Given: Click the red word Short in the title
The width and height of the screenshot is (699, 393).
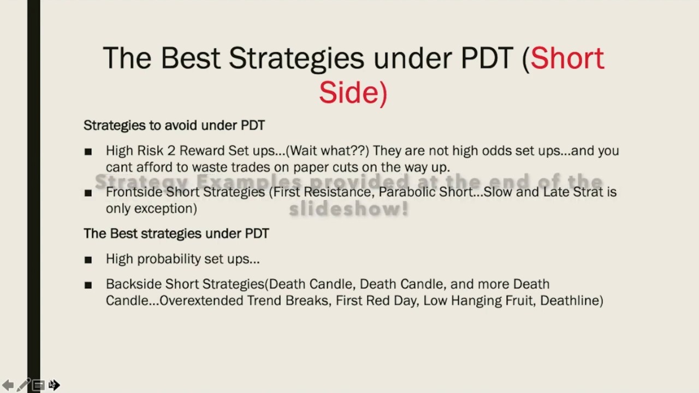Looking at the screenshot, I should click(x=567, y=58).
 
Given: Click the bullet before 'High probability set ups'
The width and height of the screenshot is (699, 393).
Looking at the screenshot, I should click(x=88, y=260).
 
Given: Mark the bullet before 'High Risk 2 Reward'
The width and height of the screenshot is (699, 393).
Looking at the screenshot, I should click(x=88, y=152).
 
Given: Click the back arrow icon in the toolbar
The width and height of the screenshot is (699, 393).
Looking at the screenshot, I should click(x=8, y=385).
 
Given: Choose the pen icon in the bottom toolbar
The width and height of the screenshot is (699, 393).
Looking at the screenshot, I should click(x=23, y=385).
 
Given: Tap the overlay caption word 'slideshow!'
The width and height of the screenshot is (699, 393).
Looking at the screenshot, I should click(x=348, y=208).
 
